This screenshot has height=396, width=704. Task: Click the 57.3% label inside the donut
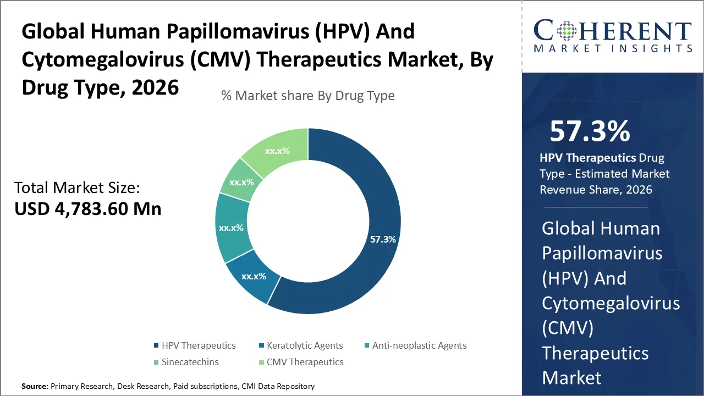tap(383, 240)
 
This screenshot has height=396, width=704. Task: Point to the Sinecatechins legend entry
tap(189, 362)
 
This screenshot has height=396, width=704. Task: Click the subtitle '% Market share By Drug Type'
tap(308, 96)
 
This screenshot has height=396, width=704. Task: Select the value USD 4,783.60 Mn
tap(88, 209)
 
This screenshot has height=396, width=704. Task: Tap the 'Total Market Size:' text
tap(78, 188)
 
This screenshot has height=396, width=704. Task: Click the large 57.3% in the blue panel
tap(590, 131)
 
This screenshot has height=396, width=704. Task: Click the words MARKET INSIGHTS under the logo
tap(613, 49)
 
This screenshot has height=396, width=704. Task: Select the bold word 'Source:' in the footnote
tap(35, 386)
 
